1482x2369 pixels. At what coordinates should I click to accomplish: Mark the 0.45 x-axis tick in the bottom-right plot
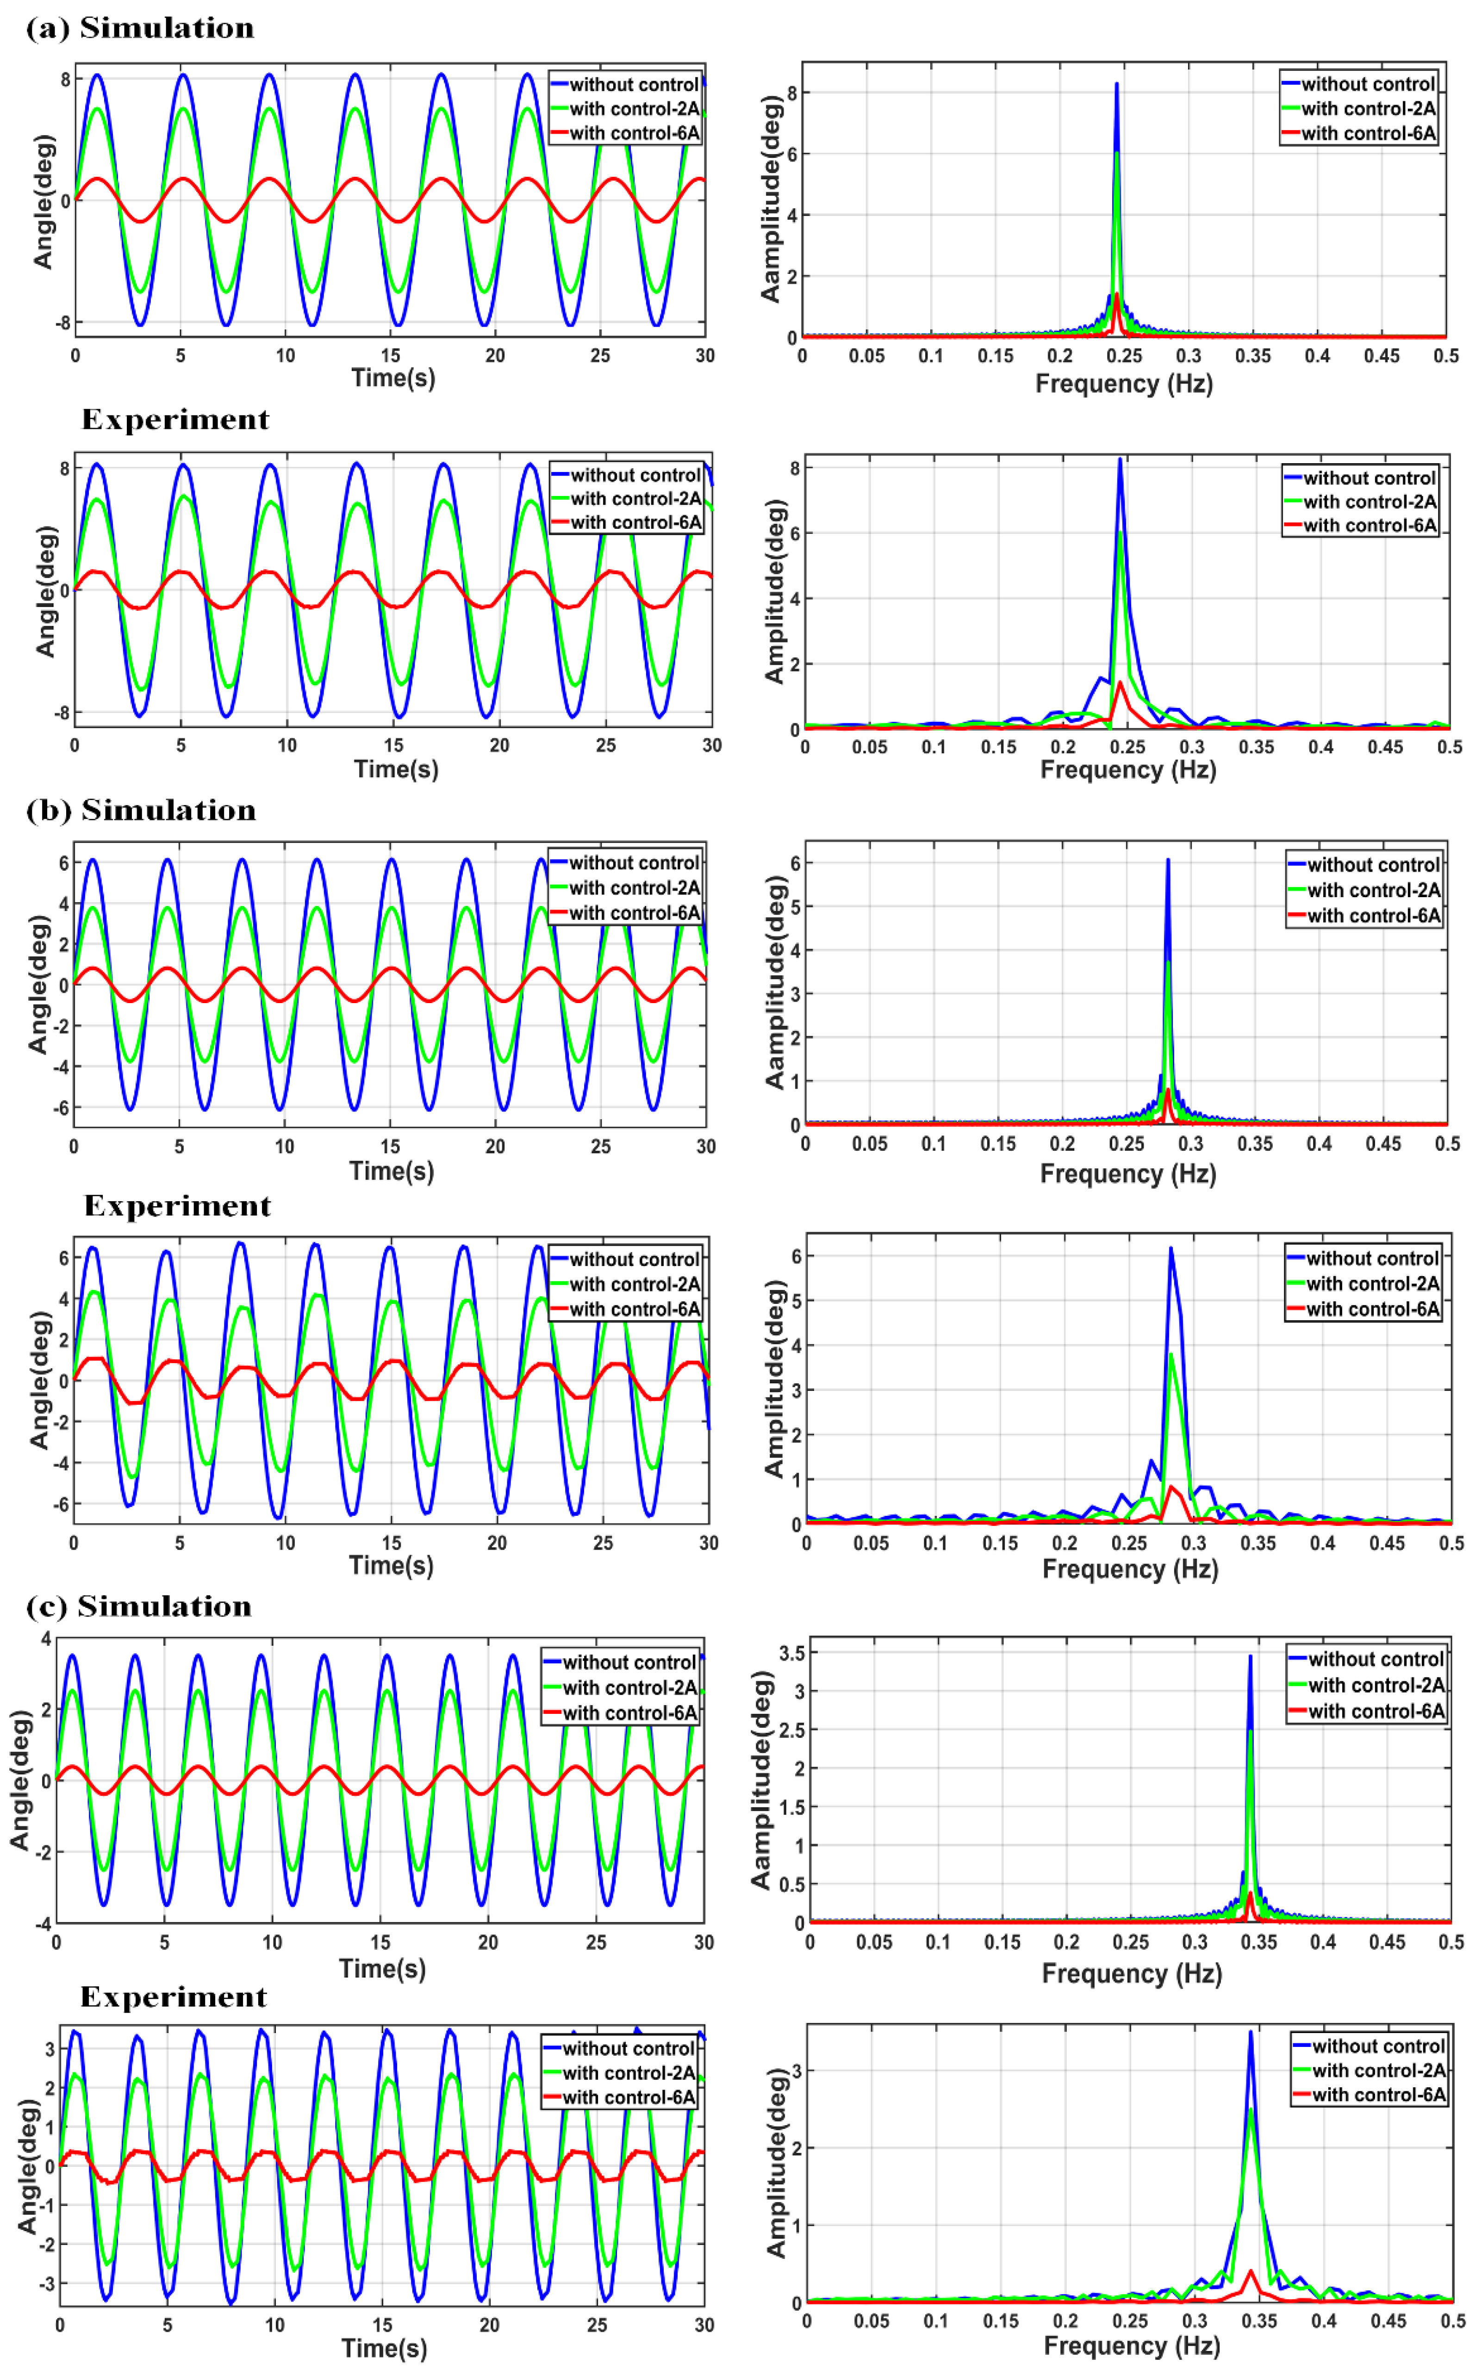[1388, 2321]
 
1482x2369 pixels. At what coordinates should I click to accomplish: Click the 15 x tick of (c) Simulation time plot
[380, 1942]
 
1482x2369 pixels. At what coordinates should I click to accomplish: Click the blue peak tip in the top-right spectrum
[1116, 84]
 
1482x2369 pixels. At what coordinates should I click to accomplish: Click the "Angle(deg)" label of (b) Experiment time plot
[39, 1379]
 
